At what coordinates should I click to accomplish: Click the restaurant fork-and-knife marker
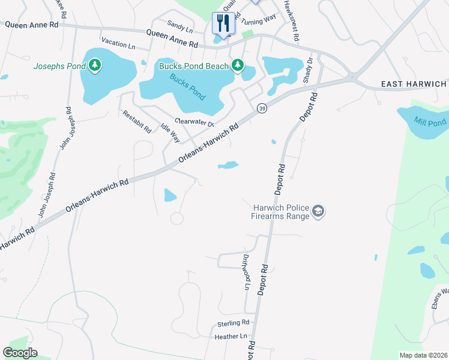223,24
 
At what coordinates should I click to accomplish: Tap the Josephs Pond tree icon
95,65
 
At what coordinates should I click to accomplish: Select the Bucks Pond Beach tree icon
238,65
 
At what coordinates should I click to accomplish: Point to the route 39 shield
262,108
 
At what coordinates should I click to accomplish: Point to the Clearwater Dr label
194,122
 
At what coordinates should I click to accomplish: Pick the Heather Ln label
231,337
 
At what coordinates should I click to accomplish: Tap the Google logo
20,353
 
